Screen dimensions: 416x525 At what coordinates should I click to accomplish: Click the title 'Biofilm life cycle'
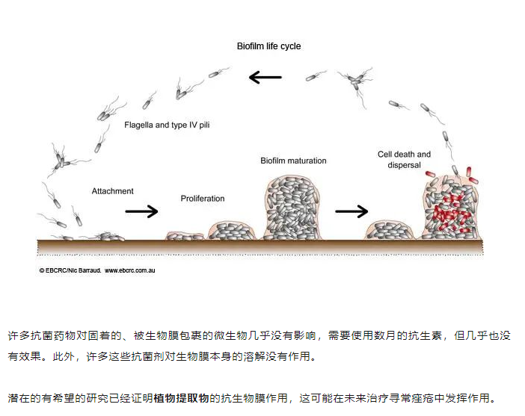pyautogui.click(x=268, y=46)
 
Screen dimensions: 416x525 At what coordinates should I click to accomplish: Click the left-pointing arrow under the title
pyautogui.click(x=265, y=77)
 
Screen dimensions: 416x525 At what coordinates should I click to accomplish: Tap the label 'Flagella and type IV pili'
pyautogui.click(x=167, y=125)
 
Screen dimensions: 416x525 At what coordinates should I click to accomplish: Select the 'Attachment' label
pyautogui.click(x=113, y=191)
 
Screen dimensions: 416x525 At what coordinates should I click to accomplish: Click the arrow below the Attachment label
pyautogui.click(x=141, y=211)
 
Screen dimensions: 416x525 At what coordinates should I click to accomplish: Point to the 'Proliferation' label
pyautogui.click(x=203, y=199)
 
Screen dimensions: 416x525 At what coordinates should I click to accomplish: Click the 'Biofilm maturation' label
pyautogui.click(x=293, y=161)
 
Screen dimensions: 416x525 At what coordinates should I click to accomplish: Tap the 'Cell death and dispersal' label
pyautogui.click(x=404, y=159)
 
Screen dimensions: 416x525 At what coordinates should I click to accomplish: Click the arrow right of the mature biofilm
pyautogui.click(x=351, y=211)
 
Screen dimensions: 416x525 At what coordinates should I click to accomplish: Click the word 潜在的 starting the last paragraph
pyautogui.click(x=22, y=397)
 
